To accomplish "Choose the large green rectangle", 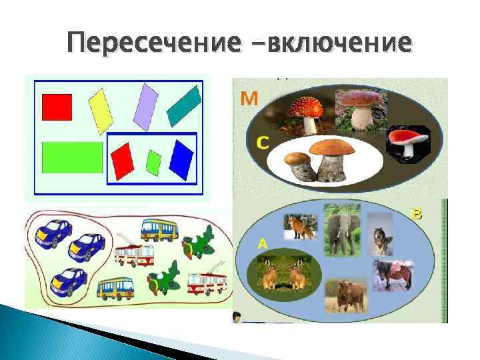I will [72, 157].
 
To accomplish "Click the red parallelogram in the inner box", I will [123, 161].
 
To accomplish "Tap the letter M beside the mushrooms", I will [249, 100].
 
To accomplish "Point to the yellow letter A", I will [263, 244].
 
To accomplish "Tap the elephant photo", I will [342, 229].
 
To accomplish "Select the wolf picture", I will [382, 234].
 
